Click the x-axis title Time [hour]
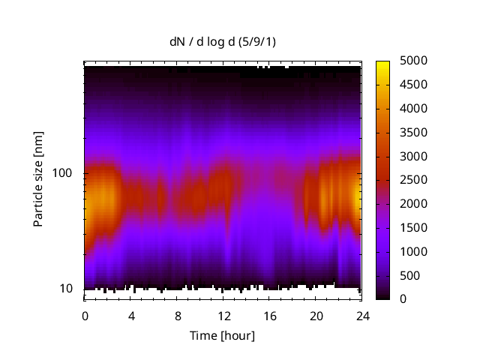pyautogui.click(x=223, y=335)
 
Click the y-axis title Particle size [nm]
pyautogui.click(x=38, y=180)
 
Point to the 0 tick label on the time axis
pyautogui.click(x=85, y=316)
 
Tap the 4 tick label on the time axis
pyautogui.click(x=131, y=316)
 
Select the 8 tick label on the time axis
pyautogui.click(x=178, y=316)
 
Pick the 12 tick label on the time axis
pyautogui.click(x=223, y=316)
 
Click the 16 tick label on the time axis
pyautogui.click(x=270, y=316)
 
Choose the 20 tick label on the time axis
pyautogui.click(x=316, y=316)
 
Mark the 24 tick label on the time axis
pyautogui.click(x=361, y=316)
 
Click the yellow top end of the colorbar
pyautogui.click(x=382, y=63)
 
